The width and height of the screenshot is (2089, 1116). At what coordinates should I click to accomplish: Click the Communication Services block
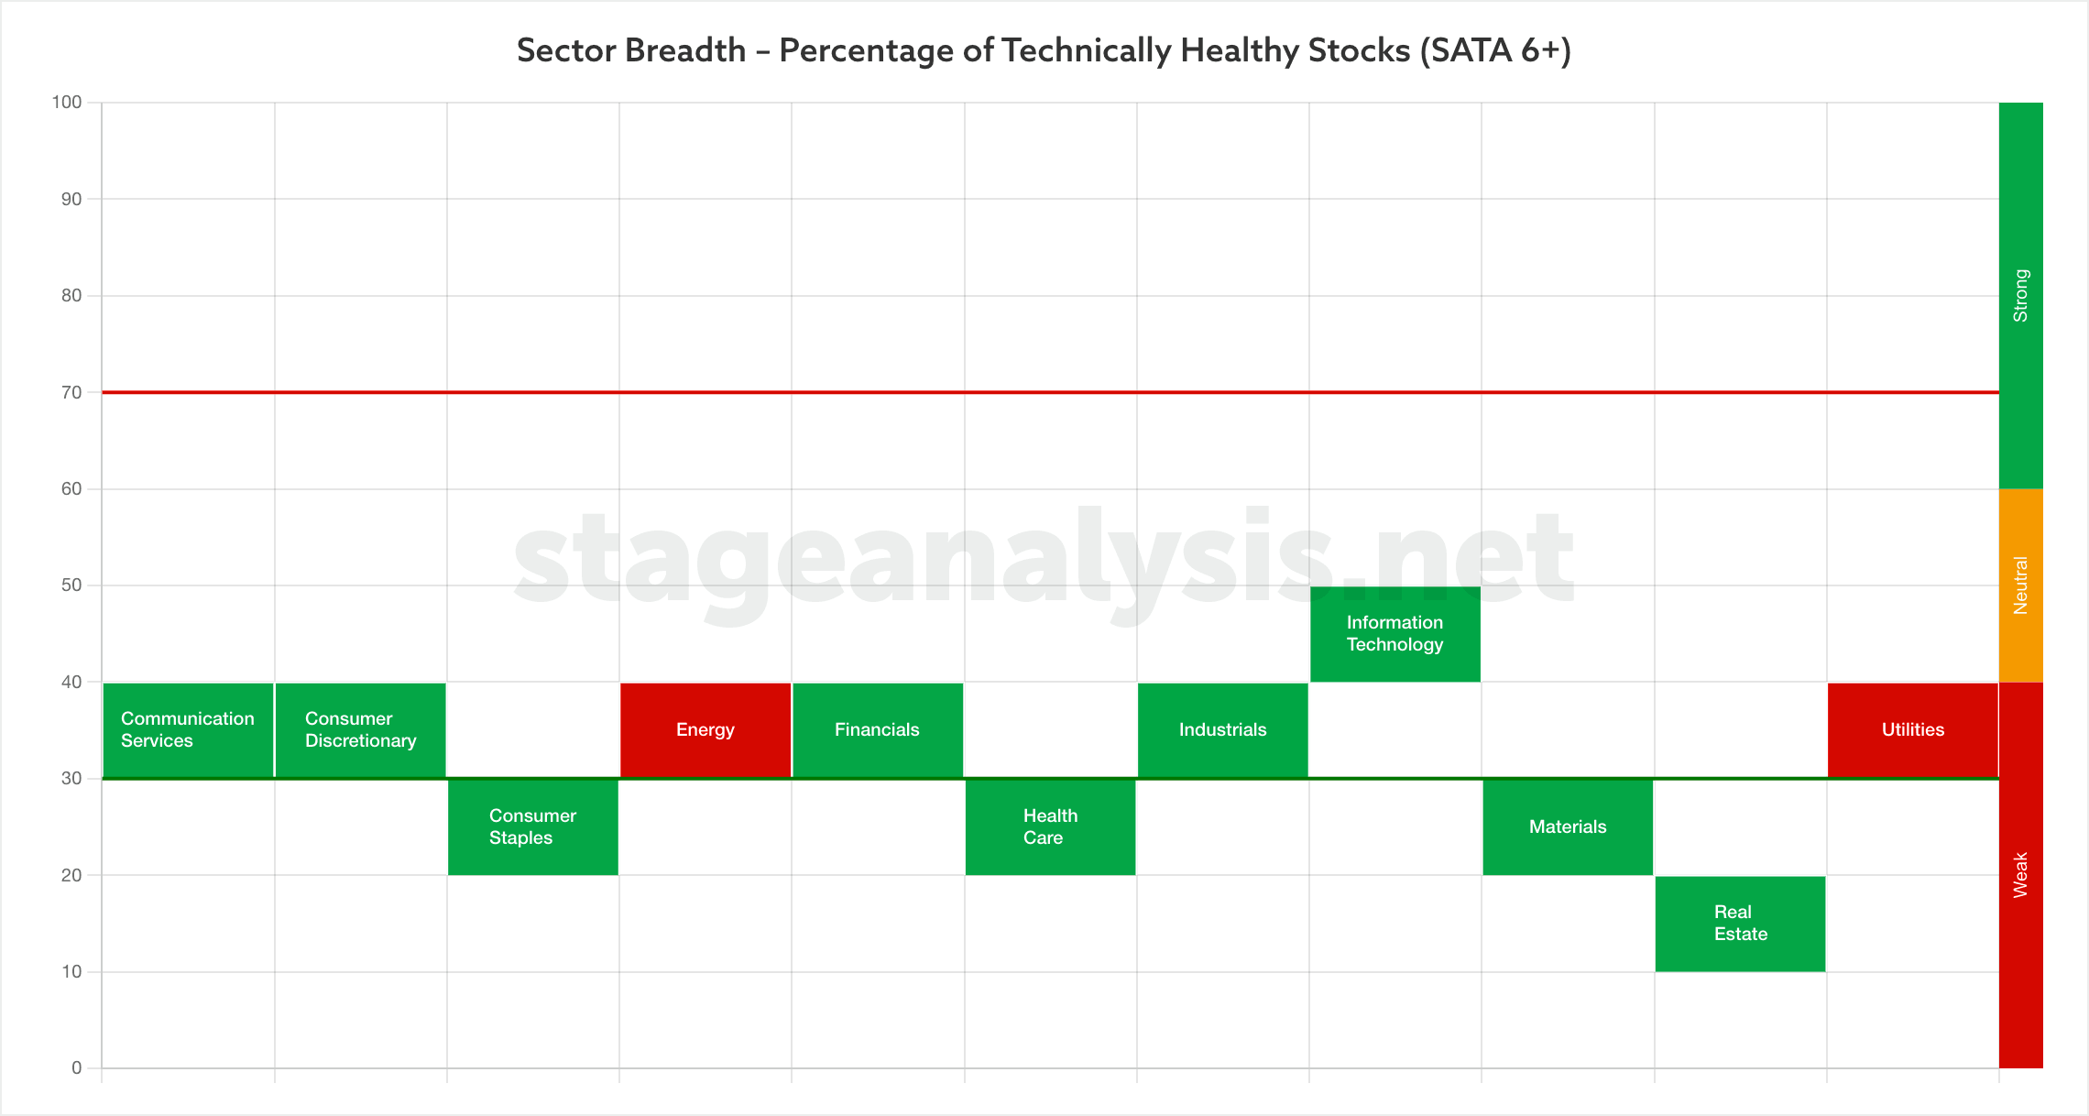[x=188, y=730]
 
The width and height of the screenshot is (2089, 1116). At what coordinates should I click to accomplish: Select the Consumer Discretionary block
[x=361, y=730]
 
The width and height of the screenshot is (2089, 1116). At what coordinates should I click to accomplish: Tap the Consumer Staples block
[x=533, y=827]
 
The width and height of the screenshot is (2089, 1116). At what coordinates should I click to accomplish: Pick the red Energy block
[x=705, y=730]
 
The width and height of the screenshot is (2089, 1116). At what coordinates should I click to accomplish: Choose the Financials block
[x=878, y=730]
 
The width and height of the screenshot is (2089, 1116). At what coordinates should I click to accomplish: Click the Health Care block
[x=1051, y=827]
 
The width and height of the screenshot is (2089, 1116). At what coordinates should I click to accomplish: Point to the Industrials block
[x=1223, y=730]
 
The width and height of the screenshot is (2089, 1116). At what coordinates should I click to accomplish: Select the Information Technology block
[x=1395, y=634]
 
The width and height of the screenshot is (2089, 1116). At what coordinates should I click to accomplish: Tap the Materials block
[x=1568, y=827]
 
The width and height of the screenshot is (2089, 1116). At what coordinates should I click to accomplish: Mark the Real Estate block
[x=1741, y=924]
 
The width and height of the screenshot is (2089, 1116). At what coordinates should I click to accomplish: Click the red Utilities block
[x=1913, y=730]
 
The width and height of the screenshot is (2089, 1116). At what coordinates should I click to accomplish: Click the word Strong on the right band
[x=2021, y=295]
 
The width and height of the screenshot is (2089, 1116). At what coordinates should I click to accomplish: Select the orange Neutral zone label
[x=2021, y=585]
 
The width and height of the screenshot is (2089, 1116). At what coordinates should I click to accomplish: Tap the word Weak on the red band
[x=2021, y=875]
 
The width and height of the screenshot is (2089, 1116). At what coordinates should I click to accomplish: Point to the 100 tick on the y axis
[x=67, y=103]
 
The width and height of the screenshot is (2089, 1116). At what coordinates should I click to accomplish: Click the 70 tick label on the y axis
[x=71, y=392]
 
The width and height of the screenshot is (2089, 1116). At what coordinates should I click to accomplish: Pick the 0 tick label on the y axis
[x=77, y=1068]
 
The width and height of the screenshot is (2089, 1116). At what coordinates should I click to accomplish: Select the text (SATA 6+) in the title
[x=1495, y=50]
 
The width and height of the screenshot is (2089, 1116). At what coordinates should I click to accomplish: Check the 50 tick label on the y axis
[x=71, y=585]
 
